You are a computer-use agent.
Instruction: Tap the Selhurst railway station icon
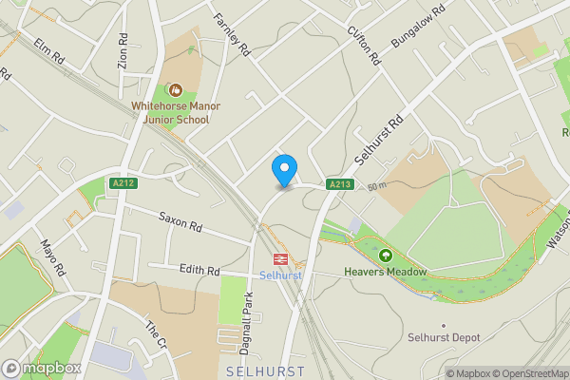pos(281,258)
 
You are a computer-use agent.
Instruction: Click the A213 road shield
pos(339,184)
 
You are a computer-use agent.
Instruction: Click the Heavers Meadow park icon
pos(386,256)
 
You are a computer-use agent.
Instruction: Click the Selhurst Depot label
pos(444,337)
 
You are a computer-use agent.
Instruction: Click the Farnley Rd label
pos(230,33)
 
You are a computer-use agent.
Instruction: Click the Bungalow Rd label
pos(418,30)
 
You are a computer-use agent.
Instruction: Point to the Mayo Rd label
pos(52,256)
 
